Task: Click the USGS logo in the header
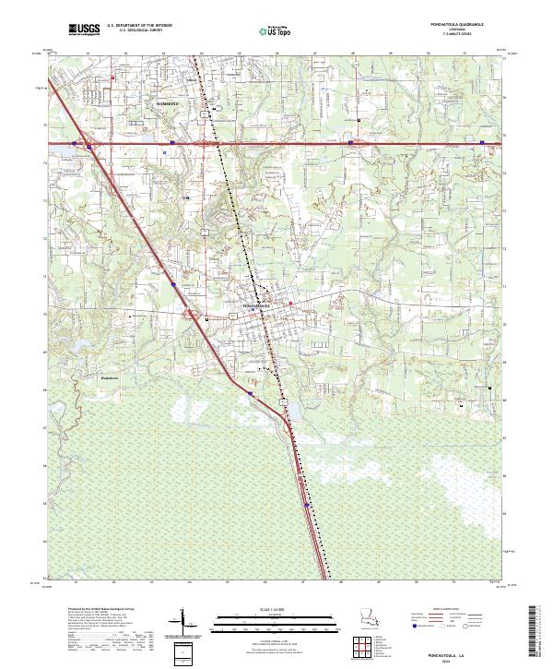point(85,30)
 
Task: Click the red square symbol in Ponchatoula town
point(290,304)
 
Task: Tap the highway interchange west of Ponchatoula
point(195,316)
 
